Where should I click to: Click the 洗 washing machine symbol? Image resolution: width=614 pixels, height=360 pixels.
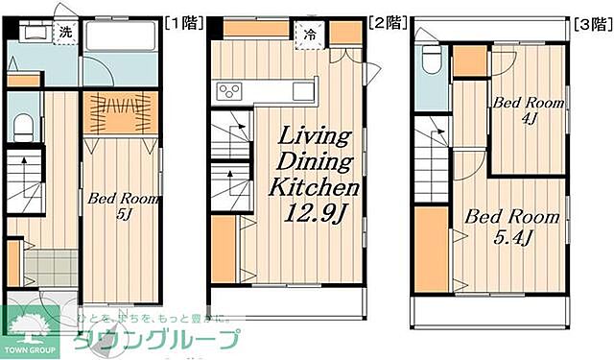tap(64, 32)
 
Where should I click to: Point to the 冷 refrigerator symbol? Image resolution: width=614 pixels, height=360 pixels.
tap(311, 33)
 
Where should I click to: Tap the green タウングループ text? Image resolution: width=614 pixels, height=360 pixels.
tap(153, 340)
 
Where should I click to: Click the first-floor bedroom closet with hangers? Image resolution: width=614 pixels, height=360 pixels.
tap(120, 112)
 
